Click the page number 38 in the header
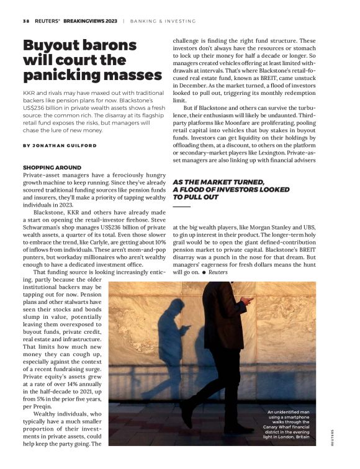pos(25,20)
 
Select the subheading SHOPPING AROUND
pos(52,168)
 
